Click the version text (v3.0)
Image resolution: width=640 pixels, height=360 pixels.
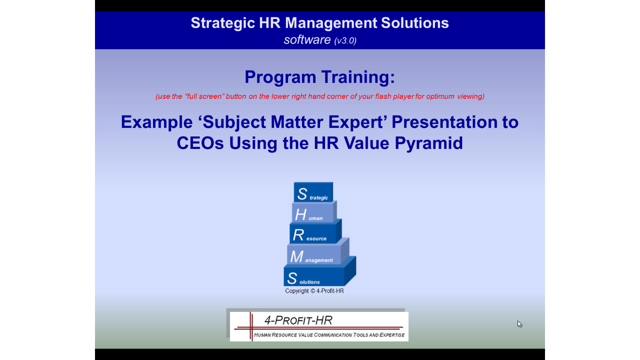tap(345, 40)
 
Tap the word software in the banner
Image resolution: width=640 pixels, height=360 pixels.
tap(307, 39)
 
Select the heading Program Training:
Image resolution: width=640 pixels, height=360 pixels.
tap(319, 77)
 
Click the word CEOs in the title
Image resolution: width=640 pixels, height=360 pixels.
tap(200, 143)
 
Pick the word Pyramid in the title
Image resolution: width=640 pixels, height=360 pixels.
tap(428, 143)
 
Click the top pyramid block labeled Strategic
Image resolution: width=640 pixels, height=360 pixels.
tap(313, 192)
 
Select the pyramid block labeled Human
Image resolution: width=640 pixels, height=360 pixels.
tap(313, 212)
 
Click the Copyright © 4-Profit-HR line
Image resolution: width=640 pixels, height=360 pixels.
tap(314, 291)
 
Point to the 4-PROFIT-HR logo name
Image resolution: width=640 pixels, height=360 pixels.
tap(298, 320)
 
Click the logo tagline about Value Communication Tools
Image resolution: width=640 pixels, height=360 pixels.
tap(329, 335)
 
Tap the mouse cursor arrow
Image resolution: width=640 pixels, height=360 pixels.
tap(519, 323)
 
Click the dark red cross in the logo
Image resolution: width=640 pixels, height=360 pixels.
tap(251, 327)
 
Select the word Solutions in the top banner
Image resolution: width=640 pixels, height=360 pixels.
tap(414, 23)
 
